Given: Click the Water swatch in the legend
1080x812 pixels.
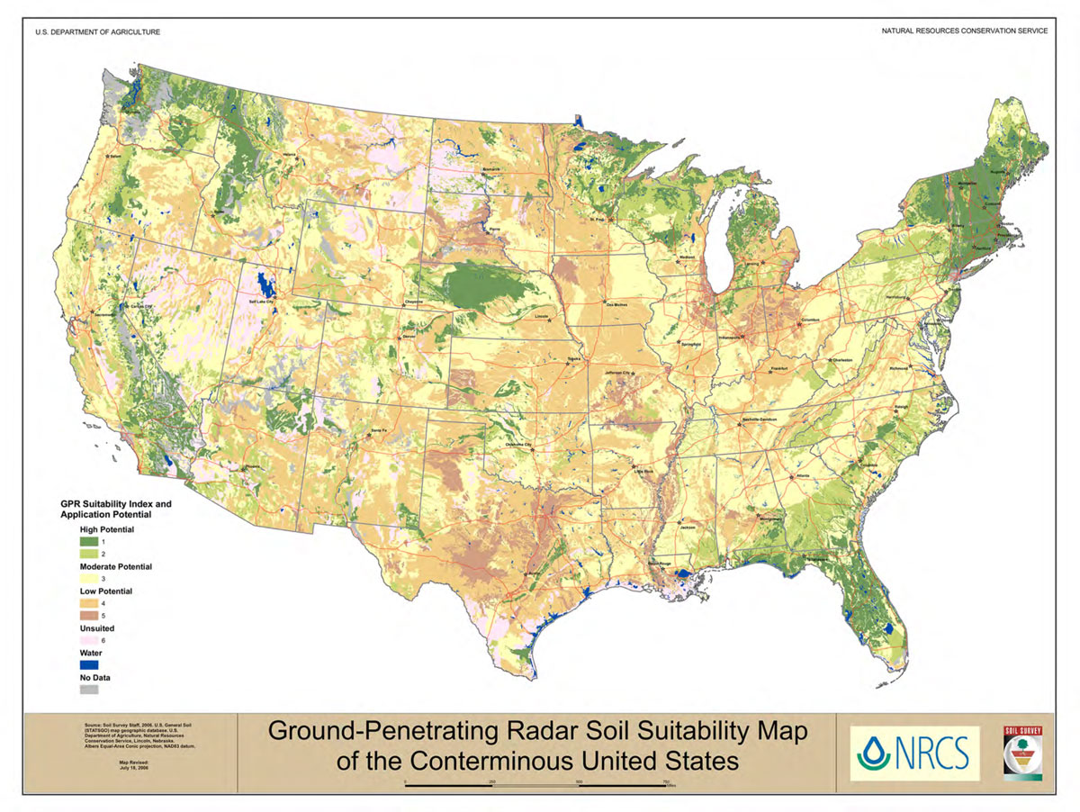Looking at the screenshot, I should tap(88, 663).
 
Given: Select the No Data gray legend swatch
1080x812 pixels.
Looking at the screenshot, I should tap(88, 690).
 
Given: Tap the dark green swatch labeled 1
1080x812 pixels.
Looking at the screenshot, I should tap(88, 542).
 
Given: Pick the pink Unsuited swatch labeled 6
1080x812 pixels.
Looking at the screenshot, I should tap(88, 639).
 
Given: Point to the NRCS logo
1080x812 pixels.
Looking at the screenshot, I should tap(914, 751).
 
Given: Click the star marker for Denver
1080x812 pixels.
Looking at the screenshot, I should tap(402, 330).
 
